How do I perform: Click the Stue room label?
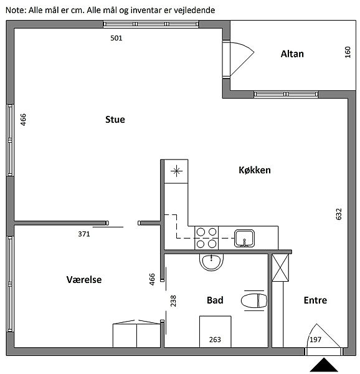coord(115,120)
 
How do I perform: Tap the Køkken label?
coord(255,170)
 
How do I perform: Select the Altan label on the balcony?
coord(292,54)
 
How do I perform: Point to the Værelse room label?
coord(84,279)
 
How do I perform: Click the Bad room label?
coord(215,300)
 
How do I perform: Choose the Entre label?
coord(315,300)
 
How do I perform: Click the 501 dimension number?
coord(116,38)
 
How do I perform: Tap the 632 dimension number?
coord(339,214)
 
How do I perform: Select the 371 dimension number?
coord(84,234)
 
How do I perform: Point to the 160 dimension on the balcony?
coord(348,52)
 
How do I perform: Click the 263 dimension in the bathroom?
coord(215,340)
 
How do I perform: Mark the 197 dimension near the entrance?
coord(315,340)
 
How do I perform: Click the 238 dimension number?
coord(173,301)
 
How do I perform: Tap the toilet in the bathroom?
coord(254,300)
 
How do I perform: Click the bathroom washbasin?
coord(211,262)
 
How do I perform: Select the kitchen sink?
coord(244,238)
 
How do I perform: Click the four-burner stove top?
coord(206,238)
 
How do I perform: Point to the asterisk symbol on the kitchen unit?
coord(176,171)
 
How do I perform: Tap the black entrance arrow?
coord(323,365)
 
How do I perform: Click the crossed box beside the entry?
coord(280,267)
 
